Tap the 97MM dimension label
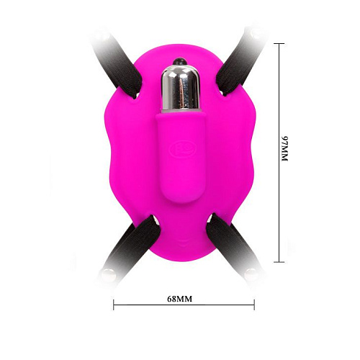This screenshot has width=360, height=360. (282, 153)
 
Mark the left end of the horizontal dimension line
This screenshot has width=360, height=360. (114, 305)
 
